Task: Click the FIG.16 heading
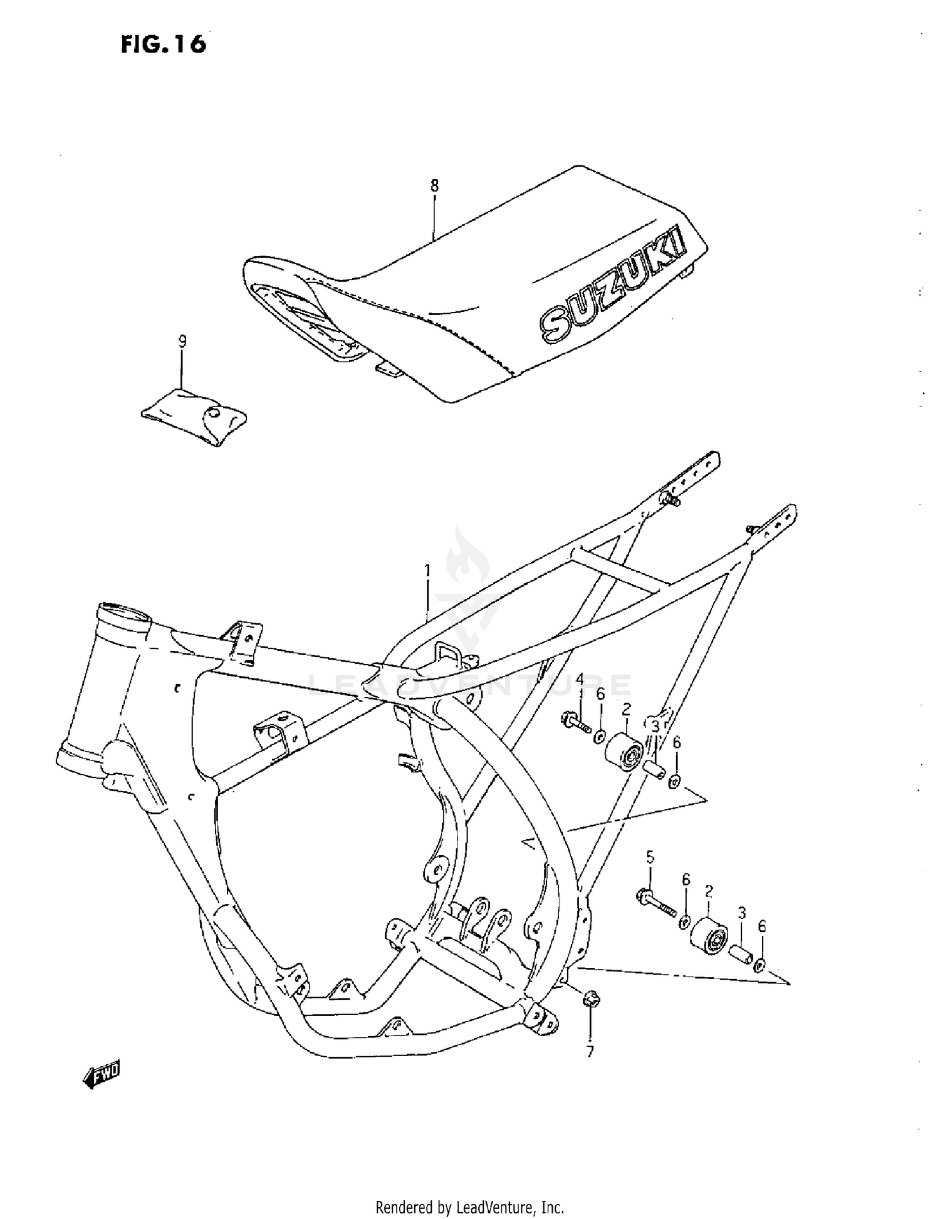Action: pos(164,44)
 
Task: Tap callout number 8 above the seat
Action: pos(434,185)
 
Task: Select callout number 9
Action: pos(182,341)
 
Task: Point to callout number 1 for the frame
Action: pos(428,571)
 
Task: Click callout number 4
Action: pos(580,679)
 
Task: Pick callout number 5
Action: pos(650,856)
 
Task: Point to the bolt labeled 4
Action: pos(577,725)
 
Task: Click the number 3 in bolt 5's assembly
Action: pos(741,914)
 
